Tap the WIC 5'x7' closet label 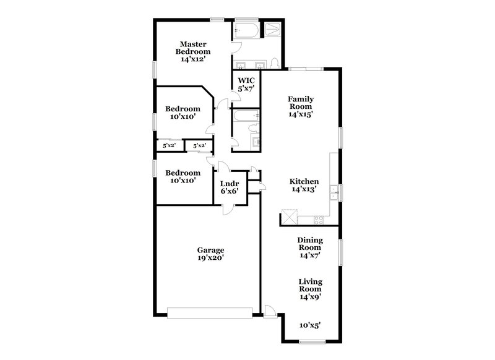tap(246, 85)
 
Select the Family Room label tap(300, 106)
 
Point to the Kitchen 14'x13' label tap(304, 186)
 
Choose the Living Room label tap(310, 289)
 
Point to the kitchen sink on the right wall tap(333, 192)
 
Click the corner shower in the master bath tap(272, 31)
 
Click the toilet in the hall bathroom tap(252, 128)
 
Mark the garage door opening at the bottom tap(210, 314)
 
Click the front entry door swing tap(269, 311)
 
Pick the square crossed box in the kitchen tap(290, 217)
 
